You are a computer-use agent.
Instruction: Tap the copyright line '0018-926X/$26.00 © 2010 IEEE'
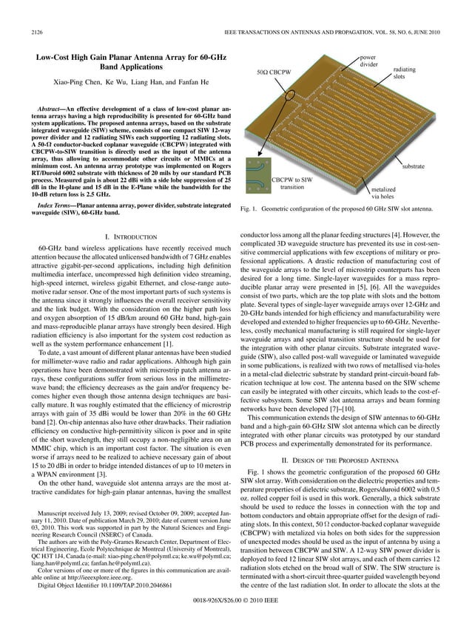coord(235,612)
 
